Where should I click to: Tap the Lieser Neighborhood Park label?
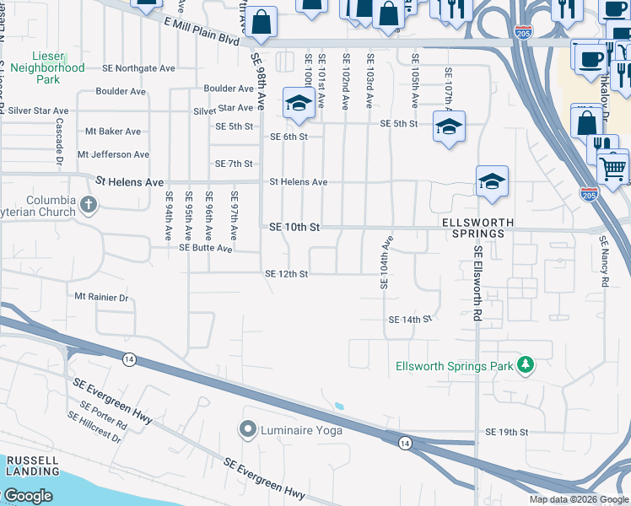click(49, 67)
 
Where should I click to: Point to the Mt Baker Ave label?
click(113, 132)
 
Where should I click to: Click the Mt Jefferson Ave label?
click(113, 155)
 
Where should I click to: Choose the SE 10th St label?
click(294, 228)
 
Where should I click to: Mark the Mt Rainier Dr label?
click(101, 297)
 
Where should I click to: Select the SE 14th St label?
click(410, 320)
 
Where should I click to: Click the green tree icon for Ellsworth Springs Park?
click(526, 363)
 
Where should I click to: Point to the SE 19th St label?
click(506, 433)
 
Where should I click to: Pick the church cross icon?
click(89, 204)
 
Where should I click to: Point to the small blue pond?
click(339, 406)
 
